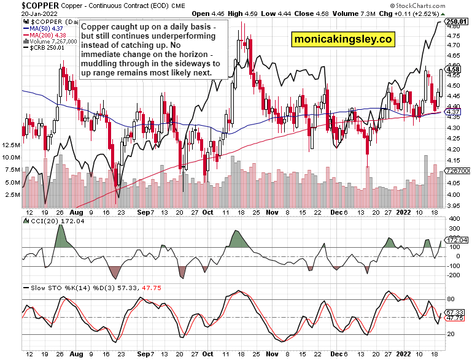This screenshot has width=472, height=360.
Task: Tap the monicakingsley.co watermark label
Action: coord(342,39)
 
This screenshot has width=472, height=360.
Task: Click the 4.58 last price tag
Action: coord(454,70)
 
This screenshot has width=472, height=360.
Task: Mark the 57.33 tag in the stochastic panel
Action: coord(456,312)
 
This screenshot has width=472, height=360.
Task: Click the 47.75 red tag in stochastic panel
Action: coord(456,319)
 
